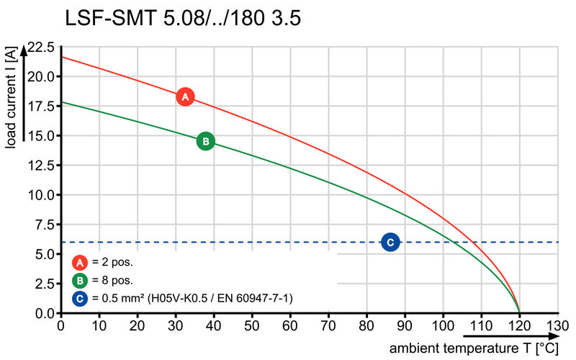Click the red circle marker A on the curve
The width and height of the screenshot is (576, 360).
(185, 96)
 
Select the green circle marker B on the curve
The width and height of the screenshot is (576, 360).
(205, 141)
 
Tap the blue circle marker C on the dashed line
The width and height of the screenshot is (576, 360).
(390, 242)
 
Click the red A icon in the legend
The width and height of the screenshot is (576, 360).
(81, 262)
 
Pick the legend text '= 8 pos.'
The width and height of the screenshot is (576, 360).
(112, 280)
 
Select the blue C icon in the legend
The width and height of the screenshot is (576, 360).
(81, 297)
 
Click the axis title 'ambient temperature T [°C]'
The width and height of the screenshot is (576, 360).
(474, 348)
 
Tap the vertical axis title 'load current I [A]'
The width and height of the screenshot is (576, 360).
(10, 98)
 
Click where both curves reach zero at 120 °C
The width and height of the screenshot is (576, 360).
(519, 313)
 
